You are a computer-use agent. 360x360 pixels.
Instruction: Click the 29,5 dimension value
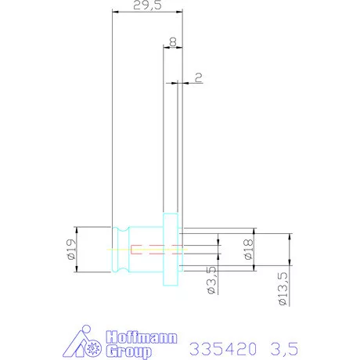(x=147, y=5)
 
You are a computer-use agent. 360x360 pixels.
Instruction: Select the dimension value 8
(x=173, y=41)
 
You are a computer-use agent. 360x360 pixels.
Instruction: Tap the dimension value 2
(x=199, y=77)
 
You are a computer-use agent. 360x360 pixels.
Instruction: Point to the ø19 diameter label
(x=71, y=250)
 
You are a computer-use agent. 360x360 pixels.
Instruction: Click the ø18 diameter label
(x=249, y=250)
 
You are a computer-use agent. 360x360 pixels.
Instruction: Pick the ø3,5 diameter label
(x=212, y=280)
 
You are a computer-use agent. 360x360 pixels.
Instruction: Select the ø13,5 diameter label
(x=283, y=289)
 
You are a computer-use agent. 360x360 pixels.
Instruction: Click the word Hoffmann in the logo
(x=142, y=337)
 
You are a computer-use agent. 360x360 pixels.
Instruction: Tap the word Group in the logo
(x=129, y=351)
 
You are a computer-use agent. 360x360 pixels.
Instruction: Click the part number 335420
(x=223, y=349)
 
